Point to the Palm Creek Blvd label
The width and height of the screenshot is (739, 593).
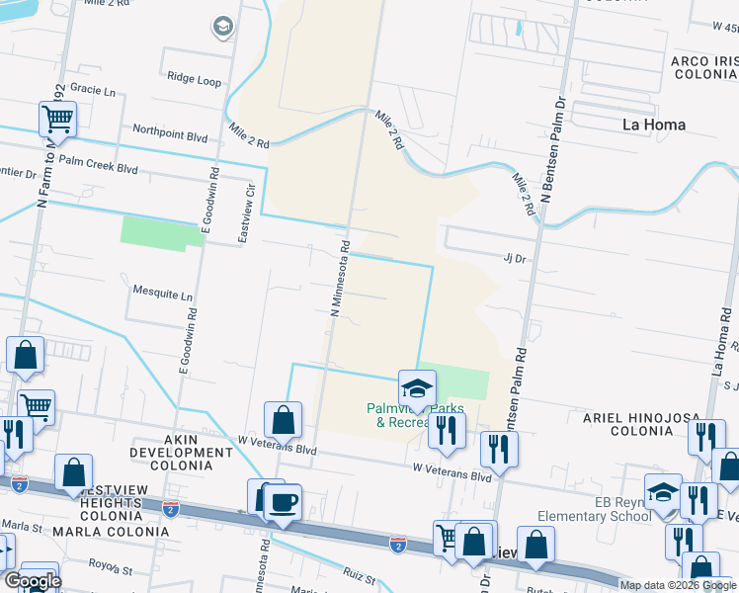(98, 168)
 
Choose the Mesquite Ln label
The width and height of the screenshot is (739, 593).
(162, 295)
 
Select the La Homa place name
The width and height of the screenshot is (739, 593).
(654, 125)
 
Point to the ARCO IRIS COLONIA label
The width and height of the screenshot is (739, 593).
(703, 68)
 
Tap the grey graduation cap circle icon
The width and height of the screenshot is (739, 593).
(224, 27)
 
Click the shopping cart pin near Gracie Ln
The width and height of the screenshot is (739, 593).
(58, 121)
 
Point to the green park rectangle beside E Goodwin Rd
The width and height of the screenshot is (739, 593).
(161, 232)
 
